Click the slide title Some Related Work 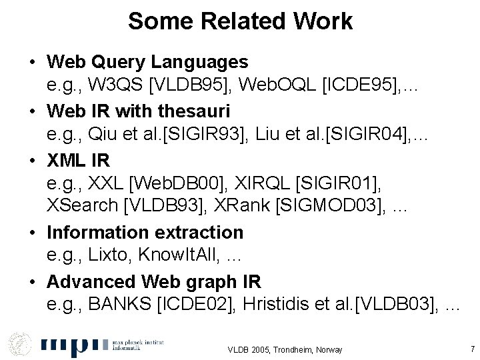click(x=240, y=21)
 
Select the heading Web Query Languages click(x=147, y=62)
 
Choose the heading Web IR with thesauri click(x=138, y=110)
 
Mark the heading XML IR click(x=78, y=159)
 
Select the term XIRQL click(x=274, y=183)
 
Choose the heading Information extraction click(x=145, y=232)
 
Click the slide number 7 click(x=472, y=349)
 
